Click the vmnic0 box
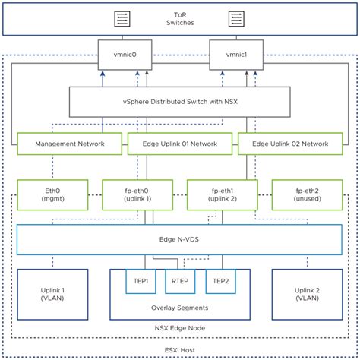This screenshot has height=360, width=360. pyautogui.click(x=125, y=55)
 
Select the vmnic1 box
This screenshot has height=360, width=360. pyautogui.click(x=236, y=55)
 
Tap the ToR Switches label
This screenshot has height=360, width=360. pyautogui.click(x=180, y=19)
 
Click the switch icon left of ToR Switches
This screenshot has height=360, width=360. pyautogui.click(x=122, y=19)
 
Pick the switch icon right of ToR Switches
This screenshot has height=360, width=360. pyautogui.click(x=236, y=19)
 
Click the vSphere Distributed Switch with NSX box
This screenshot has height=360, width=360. pyautogui.click(x=180, y=102)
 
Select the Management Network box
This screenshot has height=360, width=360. pyautogui.click(x=70, y=144)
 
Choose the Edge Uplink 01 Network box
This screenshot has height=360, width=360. pyautogui.click(x=180, y=144)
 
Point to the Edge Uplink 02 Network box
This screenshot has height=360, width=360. pyautogui.click(x=290, y=144)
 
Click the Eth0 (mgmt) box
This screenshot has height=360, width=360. pyautogui.click(x=52, y=194)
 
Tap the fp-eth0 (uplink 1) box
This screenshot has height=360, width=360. pyautogui.click(x=137, y=194)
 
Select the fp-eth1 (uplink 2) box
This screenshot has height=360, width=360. pyautogui.click(x=223, y=194)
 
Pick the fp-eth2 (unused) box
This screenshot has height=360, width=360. pyautogui.click(x=307, y=194)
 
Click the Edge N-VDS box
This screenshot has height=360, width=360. pyautogui.click(x=179, y=239)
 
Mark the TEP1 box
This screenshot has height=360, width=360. pyautogui.click(x=141, y=281)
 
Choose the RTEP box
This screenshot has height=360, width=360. pyautogui.click(x=180, y=281)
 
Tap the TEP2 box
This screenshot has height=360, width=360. pyautogui.click(x=220, y=281)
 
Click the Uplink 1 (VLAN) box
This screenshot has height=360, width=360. pyautogui.click(x=52, y=295)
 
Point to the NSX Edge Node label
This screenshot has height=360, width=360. pyautogui.click(x=180, y=328)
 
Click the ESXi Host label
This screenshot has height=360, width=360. pyautogui.click(x=180, y=350)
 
